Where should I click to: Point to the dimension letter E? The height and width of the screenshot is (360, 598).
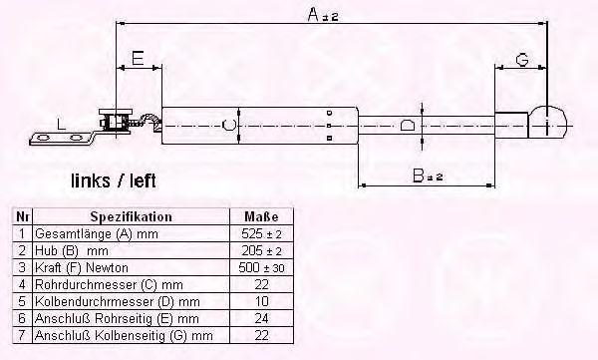coord(138,59)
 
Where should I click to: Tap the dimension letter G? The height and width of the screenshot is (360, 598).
coord(522,60)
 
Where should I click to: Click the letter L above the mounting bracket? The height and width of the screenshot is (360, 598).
coord(61,124)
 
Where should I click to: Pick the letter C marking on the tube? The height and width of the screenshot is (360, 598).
coord(228,125)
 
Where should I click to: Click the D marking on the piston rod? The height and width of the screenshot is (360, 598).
coord(407,126)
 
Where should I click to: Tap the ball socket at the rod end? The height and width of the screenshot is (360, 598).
coord(549,123)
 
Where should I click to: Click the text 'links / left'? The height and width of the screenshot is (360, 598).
coord(114,180)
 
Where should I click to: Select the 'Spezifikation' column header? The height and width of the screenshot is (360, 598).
coord(132,216)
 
